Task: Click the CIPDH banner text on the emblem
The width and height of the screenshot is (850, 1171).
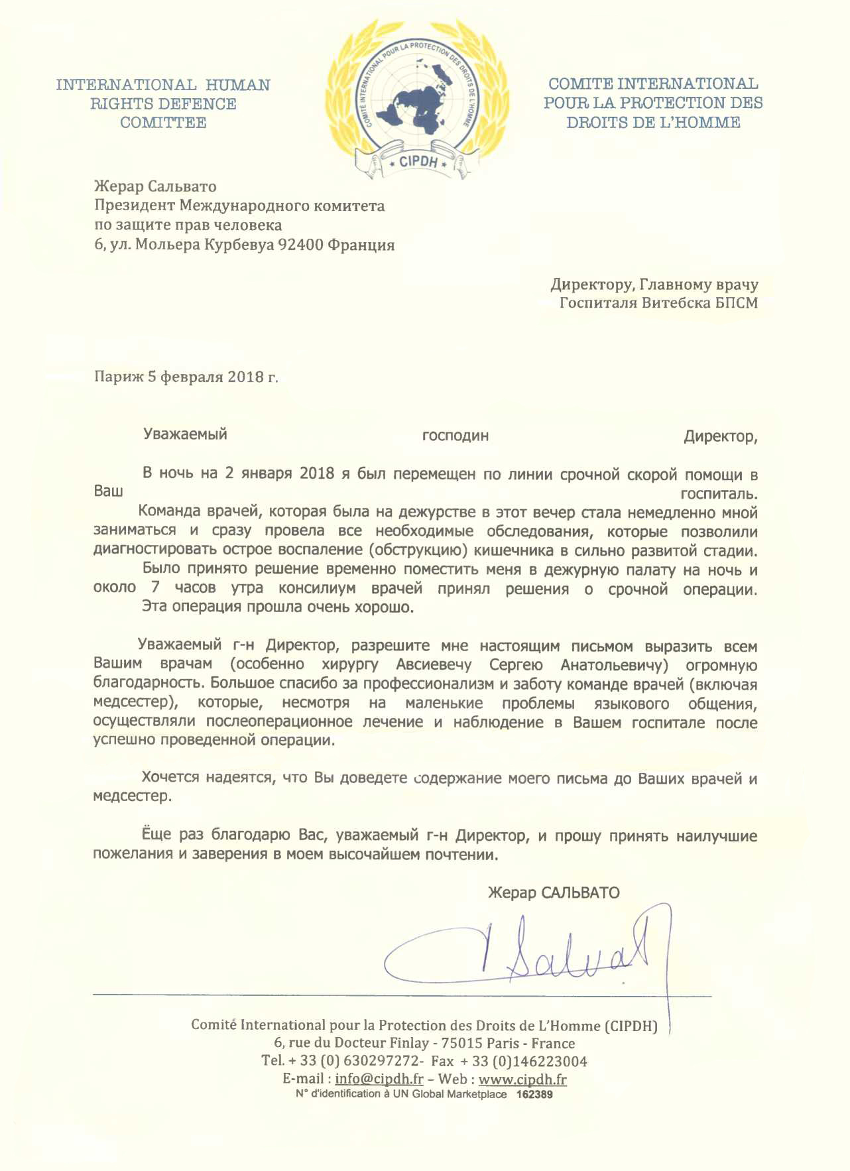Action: (x=418, y=162)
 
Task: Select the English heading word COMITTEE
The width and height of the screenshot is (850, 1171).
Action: (x=163, y=123)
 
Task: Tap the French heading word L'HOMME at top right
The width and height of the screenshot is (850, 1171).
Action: (x=705, y=123)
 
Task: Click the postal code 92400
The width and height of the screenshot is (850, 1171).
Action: (x=300, y=245)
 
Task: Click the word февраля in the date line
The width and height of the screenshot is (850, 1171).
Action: (x=192, y=377)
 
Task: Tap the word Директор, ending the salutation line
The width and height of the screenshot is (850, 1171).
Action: (x=720, y=437)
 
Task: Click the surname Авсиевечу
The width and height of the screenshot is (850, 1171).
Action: (x=434, y=665)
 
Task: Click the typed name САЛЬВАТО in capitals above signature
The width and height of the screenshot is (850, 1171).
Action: (x=580, y=893)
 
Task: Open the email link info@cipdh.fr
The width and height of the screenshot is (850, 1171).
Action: (x=379, y=1079)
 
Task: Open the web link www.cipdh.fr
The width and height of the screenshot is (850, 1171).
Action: (x=522, y=1079)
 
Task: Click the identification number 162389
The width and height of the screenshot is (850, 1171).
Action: (x=534, y=1095)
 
